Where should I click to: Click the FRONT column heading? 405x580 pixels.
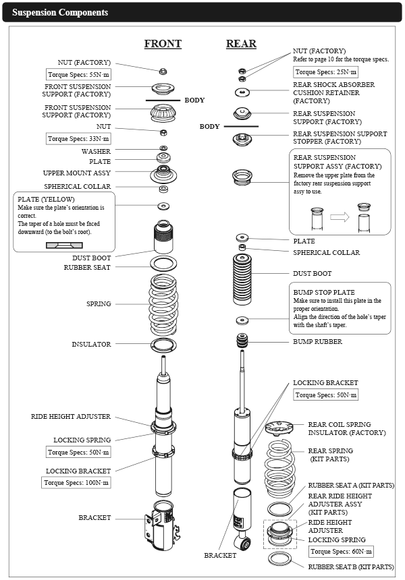163,44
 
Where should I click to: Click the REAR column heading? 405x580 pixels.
241,44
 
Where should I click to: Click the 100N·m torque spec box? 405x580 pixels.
76,483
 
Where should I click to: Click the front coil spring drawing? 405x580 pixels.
163,303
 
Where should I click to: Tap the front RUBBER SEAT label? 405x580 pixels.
87,268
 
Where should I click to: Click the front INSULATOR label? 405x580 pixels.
91,345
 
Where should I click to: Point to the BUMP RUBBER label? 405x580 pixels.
317,342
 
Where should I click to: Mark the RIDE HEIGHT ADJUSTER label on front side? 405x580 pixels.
70,417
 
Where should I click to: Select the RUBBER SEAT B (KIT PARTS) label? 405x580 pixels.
351,567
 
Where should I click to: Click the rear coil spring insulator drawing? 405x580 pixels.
278,427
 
